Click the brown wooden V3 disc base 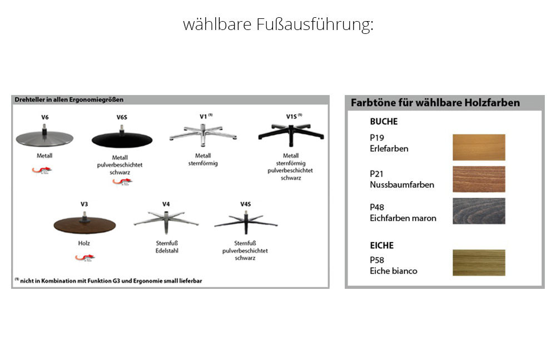coord(85,224)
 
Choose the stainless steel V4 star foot coord(166,219)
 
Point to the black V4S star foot coord(245,221)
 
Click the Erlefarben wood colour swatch coord(478,147)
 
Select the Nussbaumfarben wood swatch coord(478,179)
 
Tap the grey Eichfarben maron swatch coord(478,211)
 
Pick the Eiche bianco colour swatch coord(478,262)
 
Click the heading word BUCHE coord(384,122)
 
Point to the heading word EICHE coord(381,245)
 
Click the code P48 coord(377,207)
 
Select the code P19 coord(377,138)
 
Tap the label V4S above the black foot coord(245,204)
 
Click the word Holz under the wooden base coord(84,243)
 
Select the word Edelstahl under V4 coord(166,250)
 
